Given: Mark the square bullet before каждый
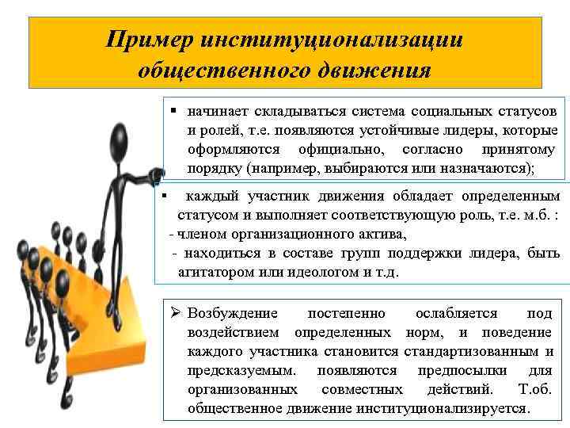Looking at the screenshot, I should tap(161, 194).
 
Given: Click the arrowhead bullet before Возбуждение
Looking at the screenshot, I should tap(177, 313).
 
